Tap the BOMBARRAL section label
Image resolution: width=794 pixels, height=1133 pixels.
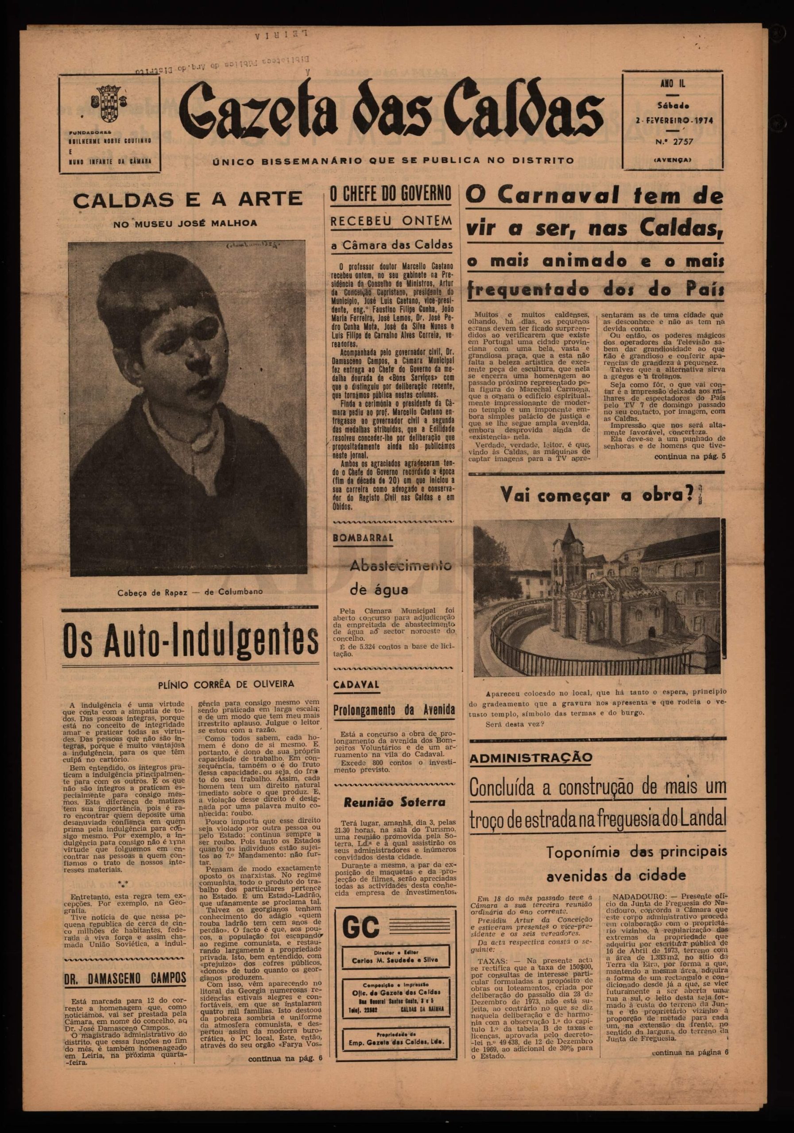click(364, 538)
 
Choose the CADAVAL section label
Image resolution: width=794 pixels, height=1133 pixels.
click(356, 684)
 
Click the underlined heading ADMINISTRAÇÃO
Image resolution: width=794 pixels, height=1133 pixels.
click(524, 758)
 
